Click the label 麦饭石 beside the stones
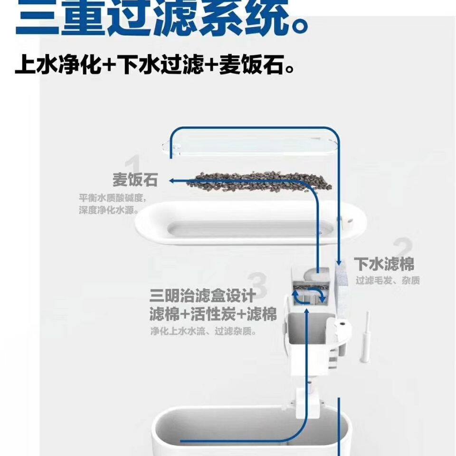pyautogui.click(x=134, y=180)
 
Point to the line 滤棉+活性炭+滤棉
pyautogui.click(x=213, y=314)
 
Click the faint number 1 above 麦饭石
pyautogui.click(x=134, y=164)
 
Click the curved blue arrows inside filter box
pyautogui.click(x=309, y=296)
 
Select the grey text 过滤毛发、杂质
pyautogui.click(x=388, y=280)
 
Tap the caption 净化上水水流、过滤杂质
pyautogui.click(x=203, y=332)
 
